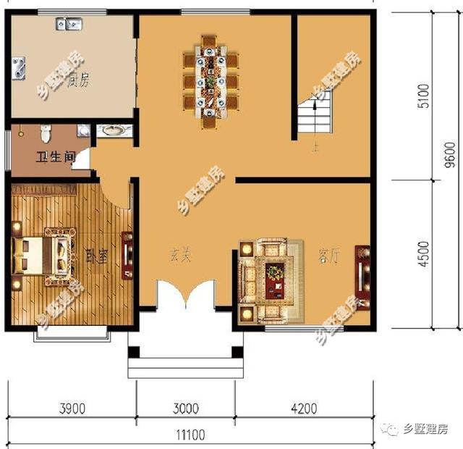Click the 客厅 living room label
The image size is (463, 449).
tap(328, 256)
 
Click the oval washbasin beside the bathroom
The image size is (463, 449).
tap(113, 131)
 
